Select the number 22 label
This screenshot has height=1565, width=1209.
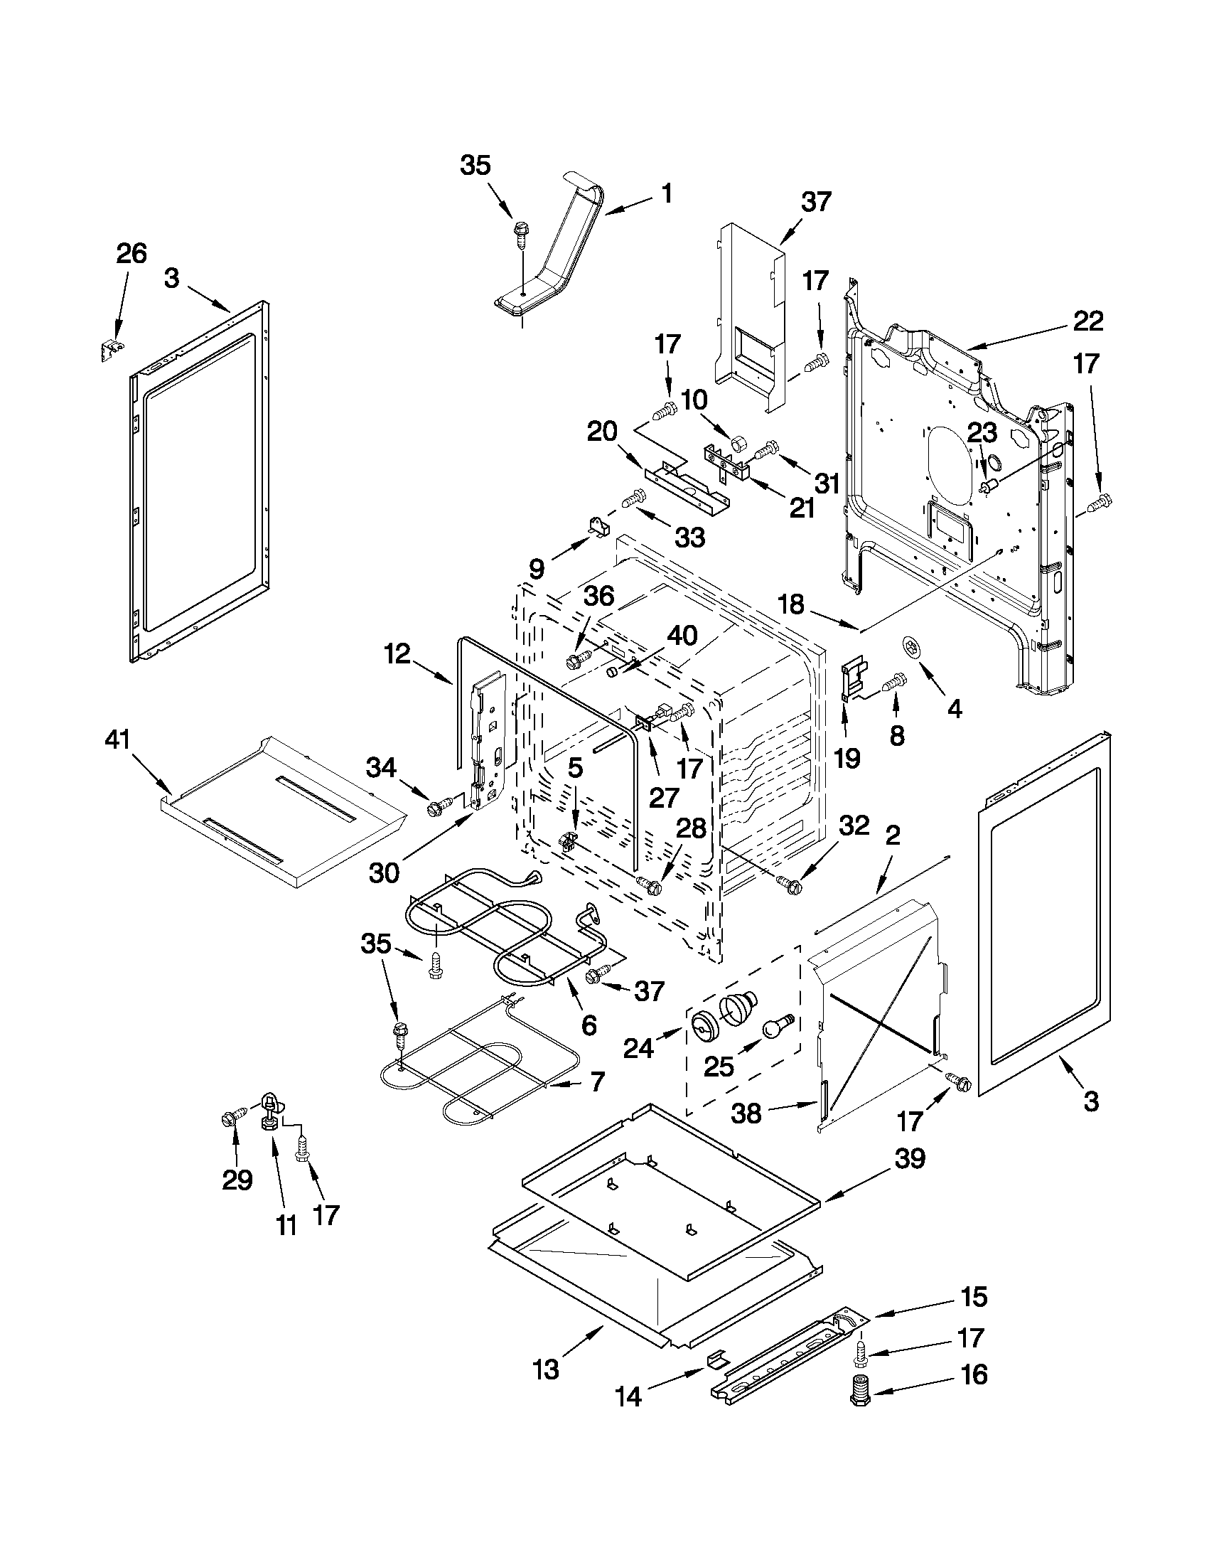1088,320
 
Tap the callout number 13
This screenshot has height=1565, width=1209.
546,1369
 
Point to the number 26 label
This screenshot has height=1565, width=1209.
131,254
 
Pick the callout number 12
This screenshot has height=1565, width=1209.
397,653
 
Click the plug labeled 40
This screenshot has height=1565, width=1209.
614,672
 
